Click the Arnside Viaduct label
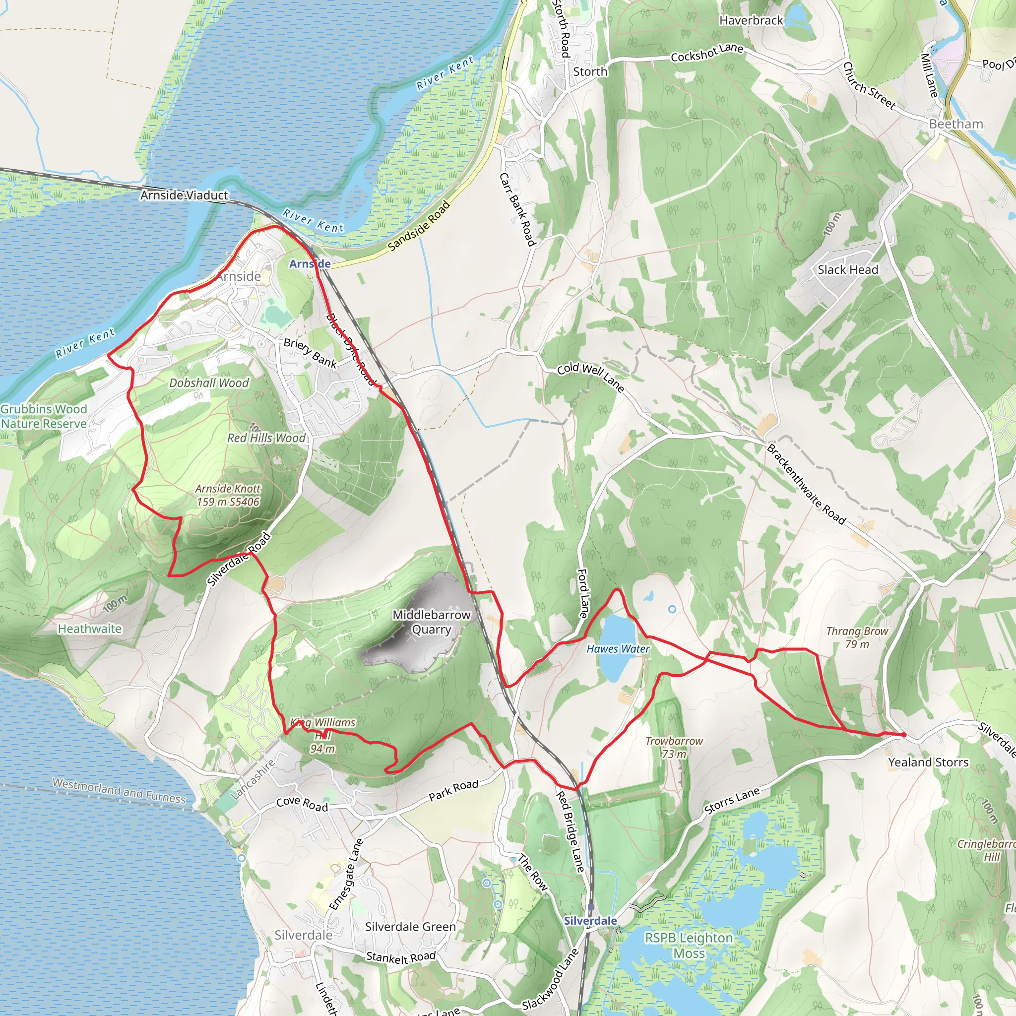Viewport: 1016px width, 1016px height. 184,195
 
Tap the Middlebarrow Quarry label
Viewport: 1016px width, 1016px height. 431,622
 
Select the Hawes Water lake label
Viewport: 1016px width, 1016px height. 618,649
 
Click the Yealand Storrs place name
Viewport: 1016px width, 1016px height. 928,762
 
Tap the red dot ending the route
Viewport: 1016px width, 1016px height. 903,735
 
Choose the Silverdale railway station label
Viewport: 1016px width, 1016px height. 590,920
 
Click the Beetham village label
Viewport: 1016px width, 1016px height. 955,124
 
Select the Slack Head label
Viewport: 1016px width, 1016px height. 848,270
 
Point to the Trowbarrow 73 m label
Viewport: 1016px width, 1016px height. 674,747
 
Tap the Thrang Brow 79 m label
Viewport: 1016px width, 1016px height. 857,637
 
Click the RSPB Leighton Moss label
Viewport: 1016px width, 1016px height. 689,946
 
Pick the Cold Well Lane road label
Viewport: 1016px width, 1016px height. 590,378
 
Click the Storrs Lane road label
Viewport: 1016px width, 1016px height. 732,801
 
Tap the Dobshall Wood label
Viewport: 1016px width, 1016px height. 209,383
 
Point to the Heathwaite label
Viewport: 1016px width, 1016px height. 90,629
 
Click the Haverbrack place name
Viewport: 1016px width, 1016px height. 751,20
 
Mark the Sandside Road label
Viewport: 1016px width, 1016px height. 419,226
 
